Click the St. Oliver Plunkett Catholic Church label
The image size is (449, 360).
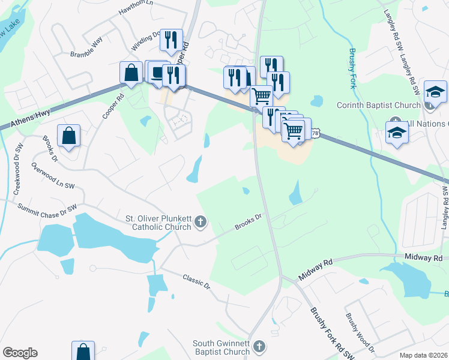pyautogui.click(x=158, y=223)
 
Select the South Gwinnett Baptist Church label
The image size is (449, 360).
pyautogui.click(x=221, y=347)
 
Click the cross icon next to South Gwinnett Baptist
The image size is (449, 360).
pyautogui.click(x=259, y=347)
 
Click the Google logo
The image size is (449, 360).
pyautogui.click(x=20, y=353)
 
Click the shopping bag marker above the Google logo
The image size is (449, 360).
pyautogui.click(x=83, y=351)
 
